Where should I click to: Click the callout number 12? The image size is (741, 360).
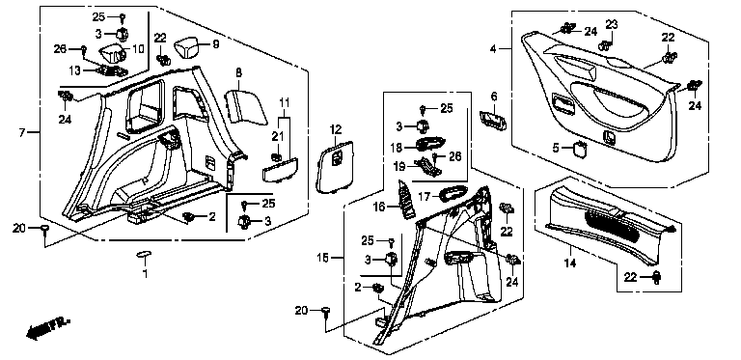point(335,128)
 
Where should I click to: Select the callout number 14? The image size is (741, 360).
point(570,263)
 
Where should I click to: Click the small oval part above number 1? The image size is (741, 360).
point(143,255)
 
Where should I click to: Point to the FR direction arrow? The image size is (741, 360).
point(47,328)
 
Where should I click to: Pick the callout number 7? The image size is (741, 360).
point(22,133)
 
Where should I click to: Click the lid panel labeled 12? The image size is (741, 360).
point(337,168)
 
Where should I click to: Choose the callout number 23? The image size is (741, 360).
point(612,24)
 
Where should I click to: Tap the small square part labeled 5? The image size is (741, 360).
point(579,149)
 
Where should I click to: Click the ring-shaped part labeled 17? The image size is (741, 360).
point(453,193)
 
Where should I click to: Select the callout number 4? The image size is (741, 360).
point(493,48)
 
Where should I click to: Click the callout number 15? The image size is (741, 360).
point(323,258)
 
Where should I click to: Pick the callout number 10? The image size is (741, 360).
point(138,48)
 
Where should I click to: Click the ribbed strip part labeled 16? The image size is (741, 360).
point(405,200)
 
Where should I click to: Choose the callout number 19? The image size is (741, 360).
point(400,166)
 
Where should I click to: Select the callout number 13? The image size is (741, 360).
point(74,70)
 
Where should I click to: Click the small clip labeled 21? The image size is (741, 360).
point(277,155)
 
